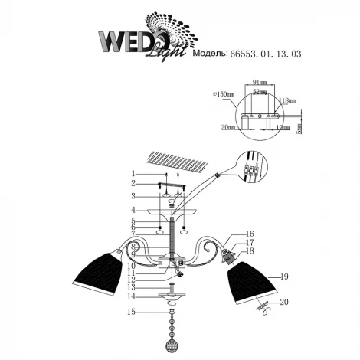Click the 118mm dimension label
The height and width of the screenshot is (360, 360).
click(289, 100)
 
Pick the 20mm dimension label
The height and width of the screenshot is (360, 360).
click(227, 128)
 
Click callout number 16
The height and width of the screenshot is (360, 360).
click(250, 234)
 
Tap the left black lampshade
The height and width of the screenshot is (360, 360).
click(99, 270)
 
